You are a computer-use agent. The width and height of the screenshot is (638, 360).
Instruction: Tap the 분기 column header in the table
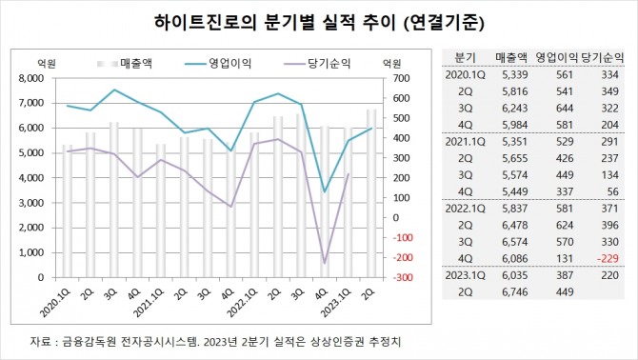pos(466,57)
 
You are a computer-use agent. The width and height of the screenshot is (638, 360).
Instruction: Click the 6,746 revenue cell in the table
pos(513,293)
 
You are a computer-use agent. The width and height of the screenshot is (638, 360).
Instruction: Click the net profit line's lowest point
pos(325,262)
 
